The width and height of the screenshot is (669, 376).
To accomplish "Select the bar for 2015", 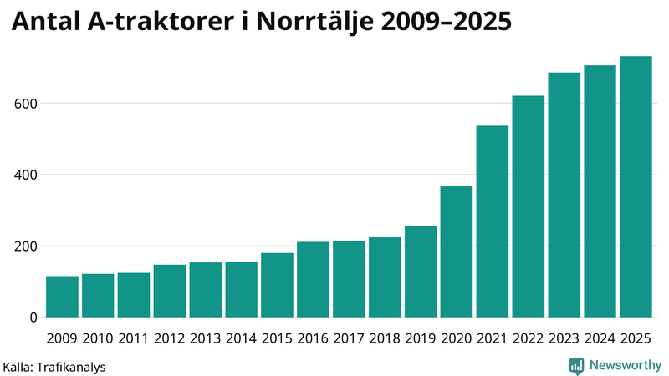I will pyautogui.click(x=277, y=285).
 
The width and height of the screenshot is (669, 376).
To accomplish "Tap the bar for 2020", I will pyautogui.click(x=457, y=252).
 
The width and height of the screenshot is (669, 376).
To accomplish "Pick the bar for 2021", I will pyautogui.click(x=493, y=221).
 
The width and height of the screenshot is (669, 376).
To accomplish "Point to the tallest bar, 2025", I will pyautogui.click(x=636, y=186).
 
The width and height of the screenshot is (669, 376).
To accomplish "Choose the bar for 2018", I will pyautogui.click(x=385, y=277).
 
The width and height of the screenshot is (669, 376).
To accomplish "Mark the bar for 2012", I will pyautogui.click(x=170, y=291).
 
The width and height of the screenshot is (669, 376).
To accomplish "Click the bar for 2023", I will pyautogui.click(x=564, y=195).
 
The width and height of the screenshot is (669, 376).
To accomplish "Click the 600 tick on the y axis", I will pyautogui.click(x=24, y=104).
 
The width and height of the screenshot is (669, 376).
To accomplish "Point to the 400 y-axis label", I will pyautogui.click(x=24, y=175).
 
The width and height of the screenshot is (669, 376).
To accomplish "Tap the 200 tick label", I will pyautogui.click(x=24, y=246).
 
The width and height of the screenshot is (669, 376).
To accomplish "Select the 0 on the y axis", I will pyautogui.click(x=33, y=318).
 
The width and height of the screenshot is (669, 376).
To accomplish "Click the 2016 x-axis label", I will pyautogui.click(x=313, y=338).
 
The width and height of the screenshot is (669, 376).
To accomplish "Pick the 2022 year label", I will pyautogui.click(x=528, y=338).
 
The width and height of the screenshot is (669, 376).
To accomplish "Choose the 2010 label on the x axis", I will pyautogui.click(x=98, y=338).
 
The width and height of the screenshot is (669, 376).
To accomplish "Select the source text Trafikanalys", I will pyautogui.click(x=70, y=366).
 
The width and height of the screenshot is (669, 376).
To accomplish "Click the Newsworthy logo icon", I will pyautogui.click(x=576, y=365).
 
